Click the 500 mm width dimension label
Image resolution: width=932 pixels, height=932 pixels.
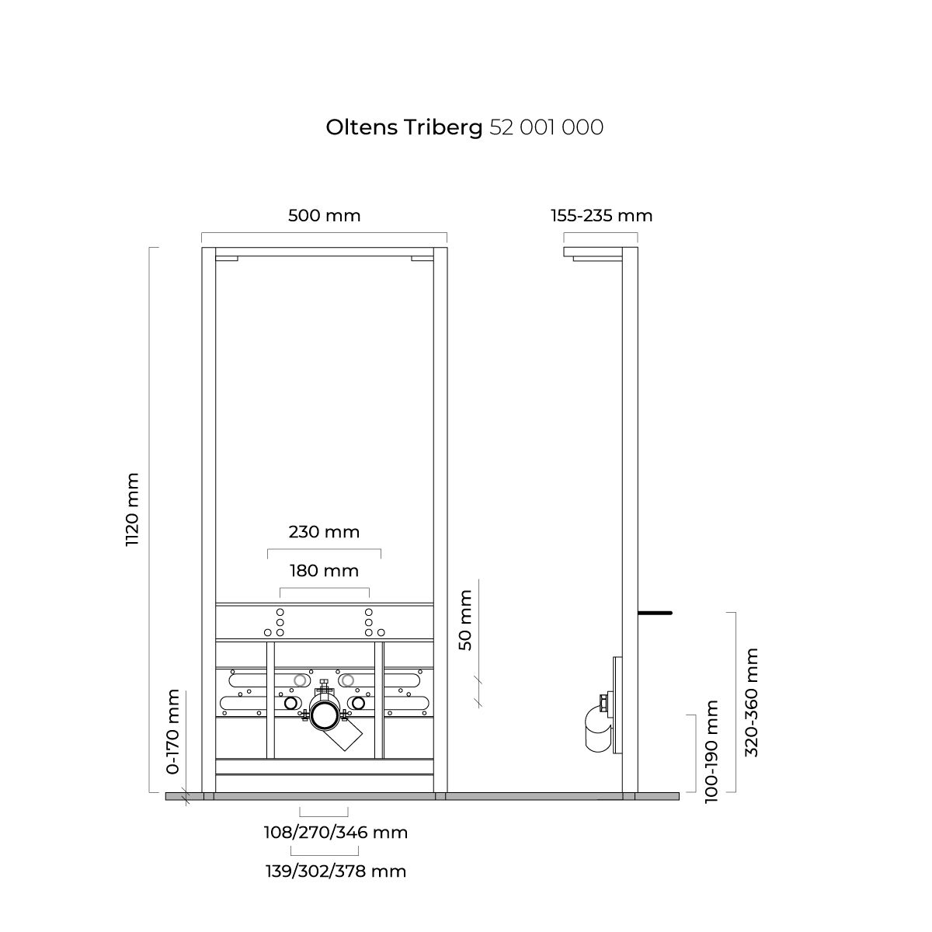click(325, 216)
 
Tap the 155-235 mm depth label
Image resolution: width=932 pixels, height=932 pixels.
click(602, 216)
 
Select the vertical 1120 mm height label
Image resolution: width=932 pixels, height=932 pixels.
click(132, 509)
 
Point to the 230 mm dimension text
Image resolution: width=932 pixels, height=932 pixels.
click(324, 532)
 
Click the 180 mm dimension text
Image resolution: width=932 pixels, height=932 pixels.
click(324, 571)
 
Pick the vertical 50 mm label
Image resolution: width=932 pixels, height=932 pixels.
click(465, 620)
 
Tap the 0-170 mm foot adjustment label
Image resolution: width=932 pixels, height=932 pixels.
click(172, 732)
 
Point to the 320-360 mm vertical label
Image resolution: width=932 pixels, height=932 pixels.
click(751, 703)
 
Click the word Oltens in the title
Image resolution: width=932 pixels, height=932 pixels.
click(362, 127)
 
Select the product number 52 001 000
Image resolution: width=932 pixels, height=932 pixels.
click(547, 127)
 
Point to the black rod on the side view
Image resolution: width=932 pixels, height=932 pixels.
click(656, 613)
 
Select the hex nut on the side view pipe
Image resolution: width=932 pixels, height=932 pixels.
click(603, 702)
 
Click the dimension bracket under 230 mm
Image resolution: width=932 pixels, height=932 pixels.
click(324, 549)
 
